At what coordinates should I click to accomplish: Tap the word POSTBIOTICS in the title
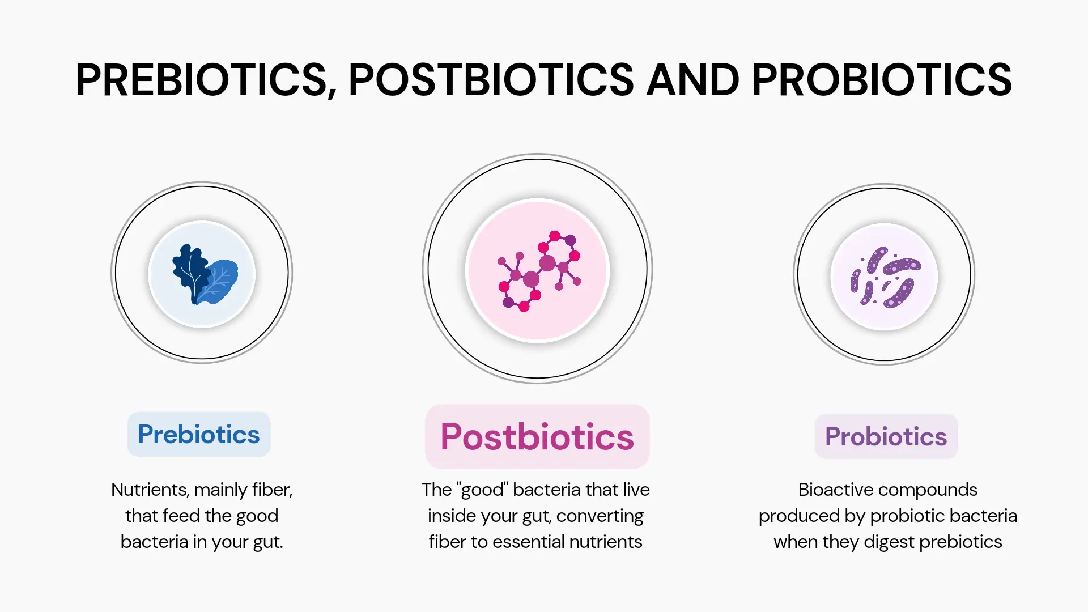pos(491,80)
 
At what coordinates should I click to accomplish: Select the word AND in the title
pos(693,80)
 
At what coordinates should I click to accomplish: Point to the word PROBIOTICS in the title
pos(882,80)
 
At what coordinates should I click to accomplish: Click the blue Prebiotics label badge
pos(199,434)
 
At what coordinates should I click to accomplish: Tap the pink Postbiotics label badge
pos(537,436)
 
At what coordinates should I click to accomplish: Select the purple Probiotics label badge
pos(886,436)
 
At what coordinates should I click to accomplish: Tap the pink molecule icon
pos(539,271)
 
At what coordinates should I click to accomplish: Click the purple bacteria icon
pos(885,277)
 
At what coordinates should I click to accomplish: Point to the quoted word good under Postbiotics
pos(482,490)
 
